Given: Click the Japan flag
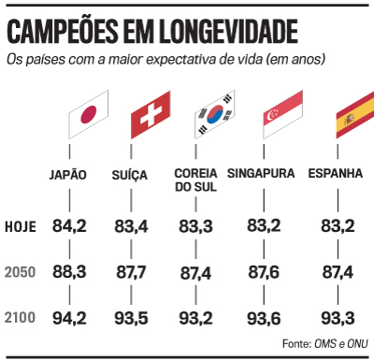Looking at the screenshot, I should tap(88, 115).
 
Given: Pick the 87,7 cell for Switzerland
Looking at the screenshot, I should tap(141, 271).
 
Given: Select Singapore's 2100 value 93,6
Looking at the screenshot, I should tap(266, 318).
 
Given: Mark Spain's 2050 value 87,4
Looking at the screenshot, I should tap(336, 271).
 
